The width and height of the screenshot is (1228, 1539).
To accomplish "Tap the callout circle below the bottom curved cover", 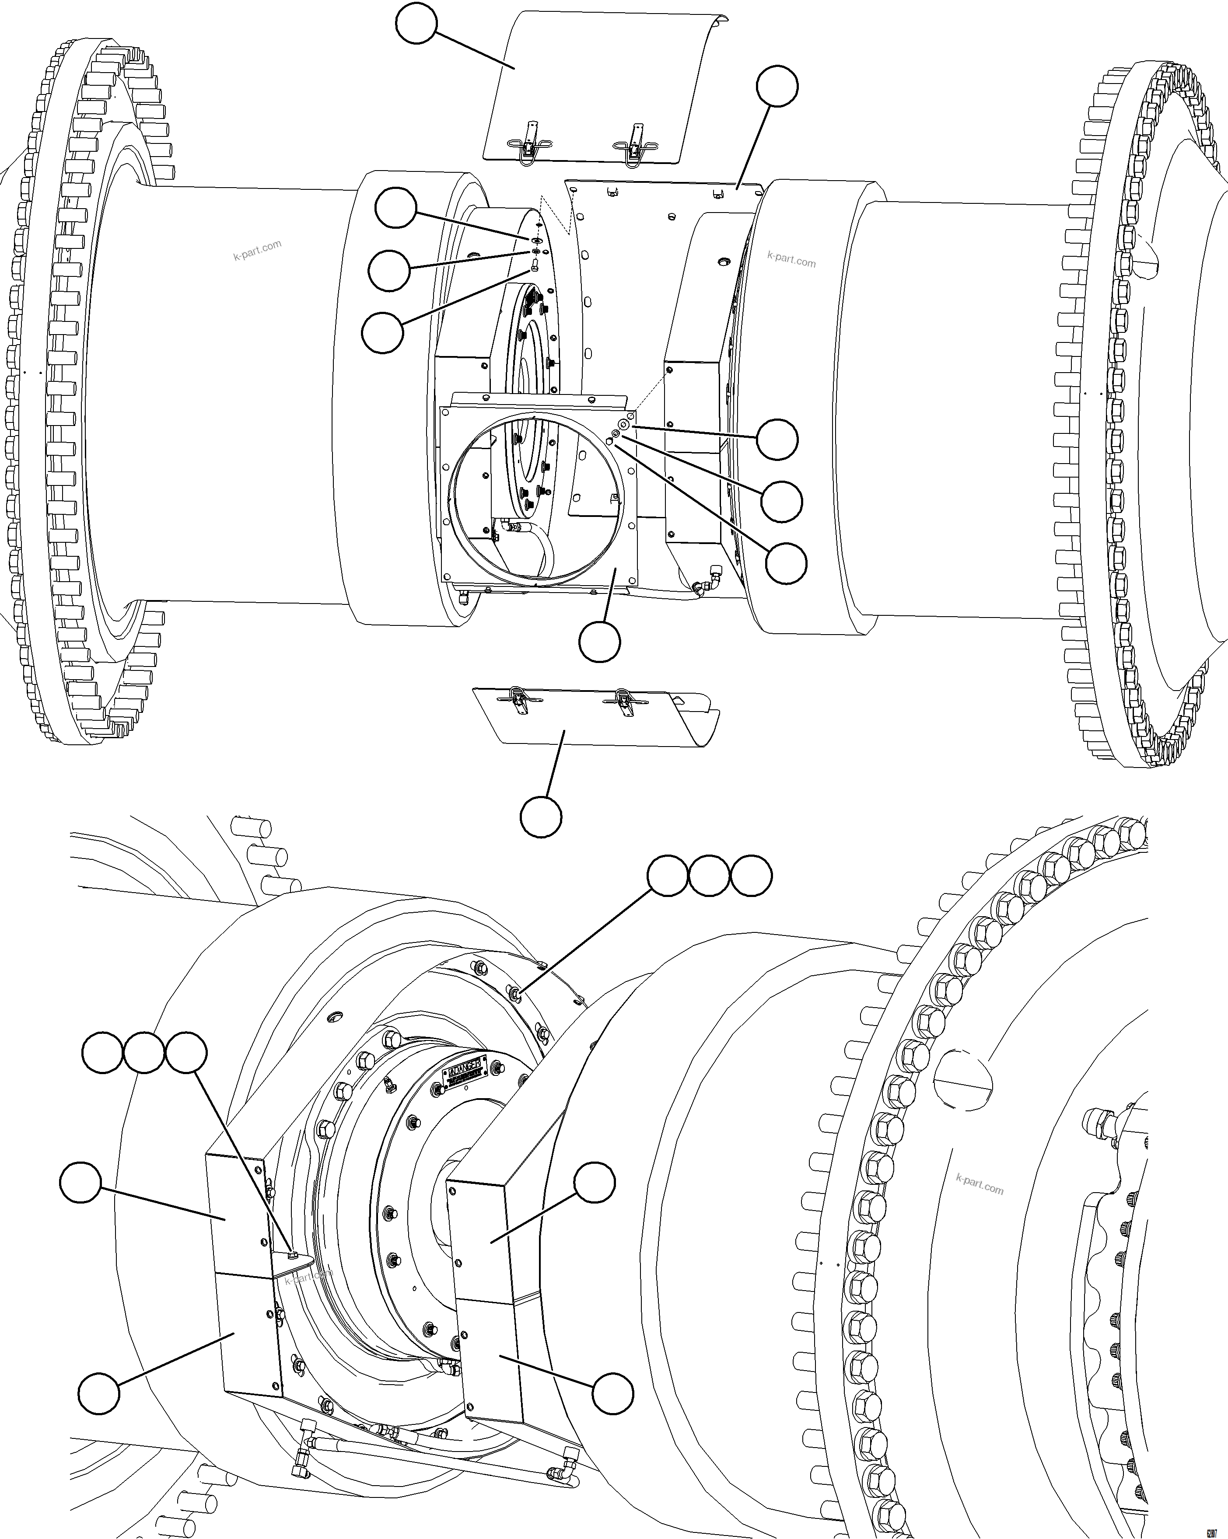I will pyautogui.click(x=540, y=816).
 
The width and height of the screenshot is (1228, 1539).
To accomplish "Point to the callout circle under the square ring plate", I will pyautogui.click(x=599, y=642).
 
